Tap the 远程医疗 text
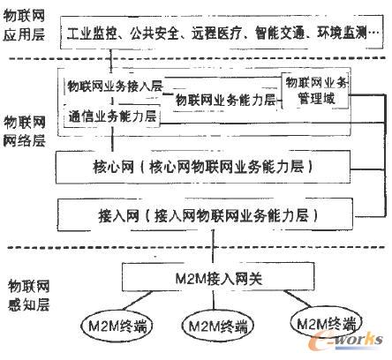pyautogui.click(x=216, y=34)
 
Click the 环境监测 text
pyautogui.click(x=342, y=34)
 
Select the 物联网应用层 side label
pyautogui.click(x=24, y=25)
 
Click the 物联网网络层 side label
pyautogui.click(x=25, y=131)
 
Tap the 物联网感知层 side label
pyautogui.click(x=28, y=296)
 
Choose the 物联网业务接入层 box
pyautogui.click(x=114, y=86)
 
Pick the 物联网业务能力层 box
pyautogui.click(x=225, y=100)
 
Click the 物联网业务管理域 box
pyautogui.click(x=315, y=91)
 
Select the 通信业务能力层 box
pyautogui.click(x=112, y=116)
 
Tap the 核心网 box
pyautogui.click(x=203, y=168)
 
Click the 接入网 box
pyautogui.click(x=205, y=215)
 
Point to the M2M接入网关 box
pyautogui.click(x=218, y=277)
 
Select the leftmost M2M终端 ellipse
pyautogui.click(x=117, y=326)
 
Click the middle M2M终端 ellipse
pyautogui.click(x=217, y=326)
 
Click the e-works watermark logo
pyautogui.click(x=345, y=341)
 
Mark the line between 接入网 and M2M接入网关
pyautogui.click(x=214, y=246)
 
